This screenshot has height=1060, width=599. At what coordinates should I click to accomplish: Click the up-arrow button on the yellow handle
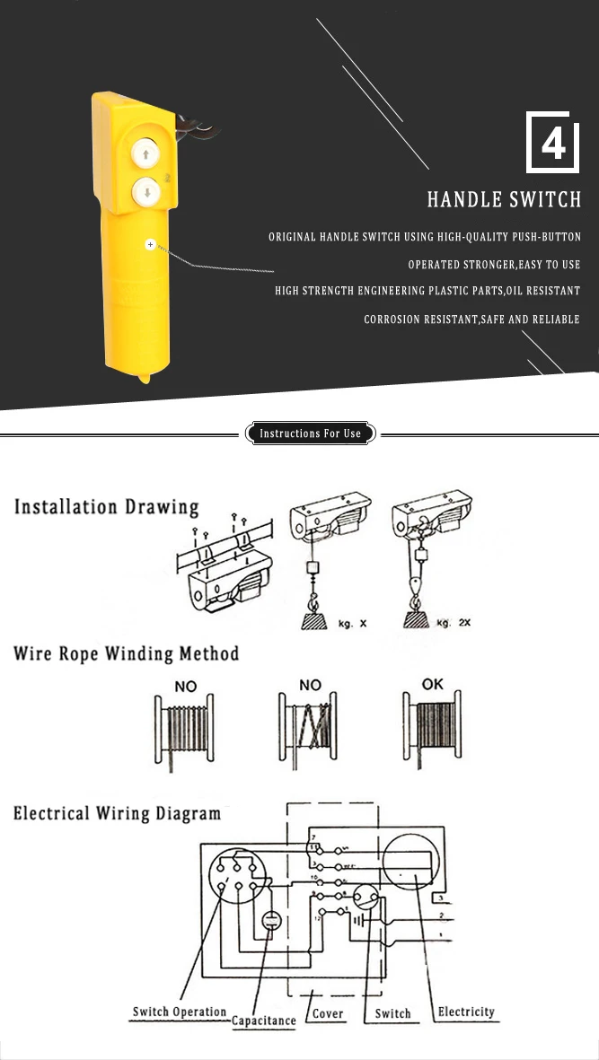pyautogui.click(x=144, y=153)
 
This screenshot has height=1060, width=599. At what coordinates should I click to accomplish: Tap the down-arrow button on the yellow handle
pyautogui.click(x=144, y=190)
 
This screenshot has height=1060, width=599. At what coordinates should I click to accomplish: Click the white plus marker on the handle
pyautogui.click(x=150, y=244)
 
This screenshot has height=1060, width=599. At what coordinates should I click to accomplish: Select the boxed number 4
pyautogui.click(x=549, y=143)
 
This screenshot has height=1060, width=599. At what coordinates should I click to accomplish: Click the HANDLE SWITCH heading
pyautogui.click(x=504, y=199)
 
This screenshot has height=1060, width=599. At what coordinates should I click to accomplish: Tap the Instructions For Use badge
pyautogui.click(x=310, y=434)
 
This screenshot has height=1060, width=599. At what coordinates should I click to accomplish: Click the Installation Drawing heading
pyautogui.click(x=106, y=507)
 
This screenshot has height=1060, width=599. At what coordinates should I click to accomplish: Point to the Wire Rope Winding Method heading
pyautogui.click(x=127, y=653)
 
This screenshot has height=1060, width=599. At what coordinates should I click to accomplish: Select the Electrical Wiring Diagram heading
pyautogui.click(x=117, y=814)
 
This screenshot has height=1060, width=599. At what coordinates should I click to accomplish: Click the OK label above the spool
pyautogui.click(x=433, y=684)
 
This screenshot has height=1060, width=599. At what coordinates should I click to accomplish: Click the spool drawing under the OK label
pyautogui.click(x=434, y=732)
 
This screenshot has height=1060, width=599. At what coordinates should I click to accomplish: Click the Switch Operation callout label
pyautogui.click(x=180, y=1012)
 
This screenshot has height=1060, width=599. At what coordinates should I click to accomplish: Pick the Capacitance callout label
pyautogui.click(x=264, y=1021)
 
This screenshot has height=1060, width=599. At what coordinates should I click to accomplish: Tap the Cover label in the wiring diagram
pyautogui.click(x=329, y=1013)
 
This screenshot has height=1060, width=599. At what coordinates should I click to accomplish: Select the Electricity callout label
pyautogui.click(x=466, y=1012)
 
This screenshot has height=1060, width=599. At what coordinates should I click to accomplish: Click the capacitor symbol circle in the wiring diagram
pyautogui.click(x=269, y=921)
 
